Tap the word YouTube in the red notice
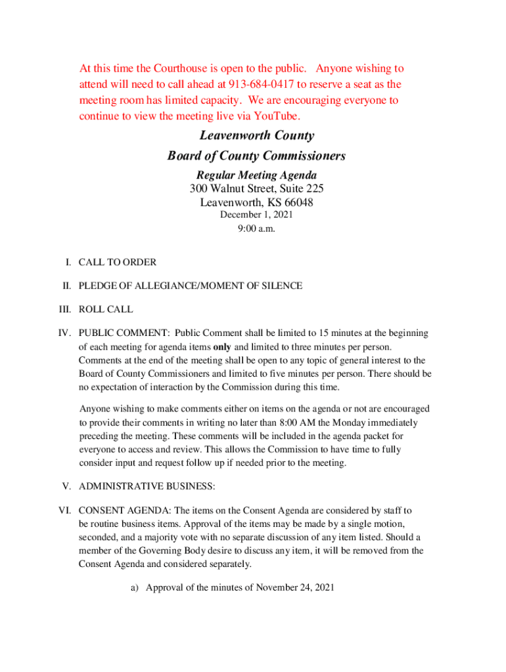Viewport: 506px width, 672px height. point(278,117)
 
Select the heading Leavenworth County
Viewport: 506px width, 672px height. point(257,136)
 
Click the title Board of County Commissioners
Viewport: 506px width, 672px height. point(256,156)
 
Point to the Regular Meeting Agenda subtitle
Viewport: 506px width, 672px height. point(256,175)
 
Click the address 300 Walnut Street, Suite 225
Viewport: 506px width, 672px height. point(256,189)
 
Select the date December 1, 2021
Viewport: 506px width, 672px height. point(256,215)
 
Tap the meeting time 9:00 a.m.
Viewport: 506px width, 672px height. point(256,229)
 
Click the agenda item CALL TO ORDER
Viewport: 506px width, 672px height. point(118,262)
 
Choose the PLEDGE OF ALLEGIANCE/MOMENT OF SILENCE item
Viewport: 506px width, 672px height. point(191,285)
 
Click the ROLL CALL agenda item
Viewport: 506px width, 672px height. point(106,309)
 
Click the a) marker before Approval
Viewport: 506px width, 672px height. point(135,588)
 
